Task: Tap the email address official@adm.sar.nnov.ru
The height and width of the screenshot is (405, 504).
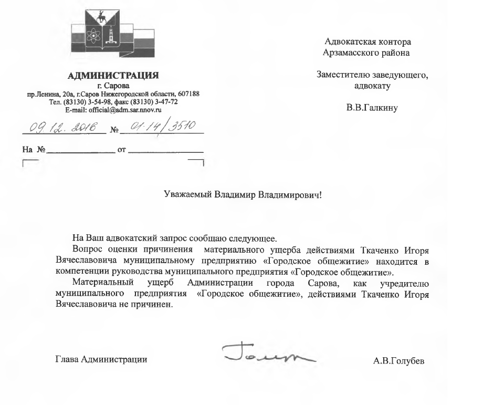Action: click(x=113, y=110)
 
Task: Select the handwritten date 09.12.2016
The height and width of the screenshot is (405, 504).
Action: click(x=63, y=126)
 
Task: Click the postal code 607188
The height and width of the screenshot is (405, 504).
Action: click(x=187, y=94)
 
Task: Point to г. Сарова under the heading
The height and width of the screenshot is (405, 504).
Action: click(x=113, y=85)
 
